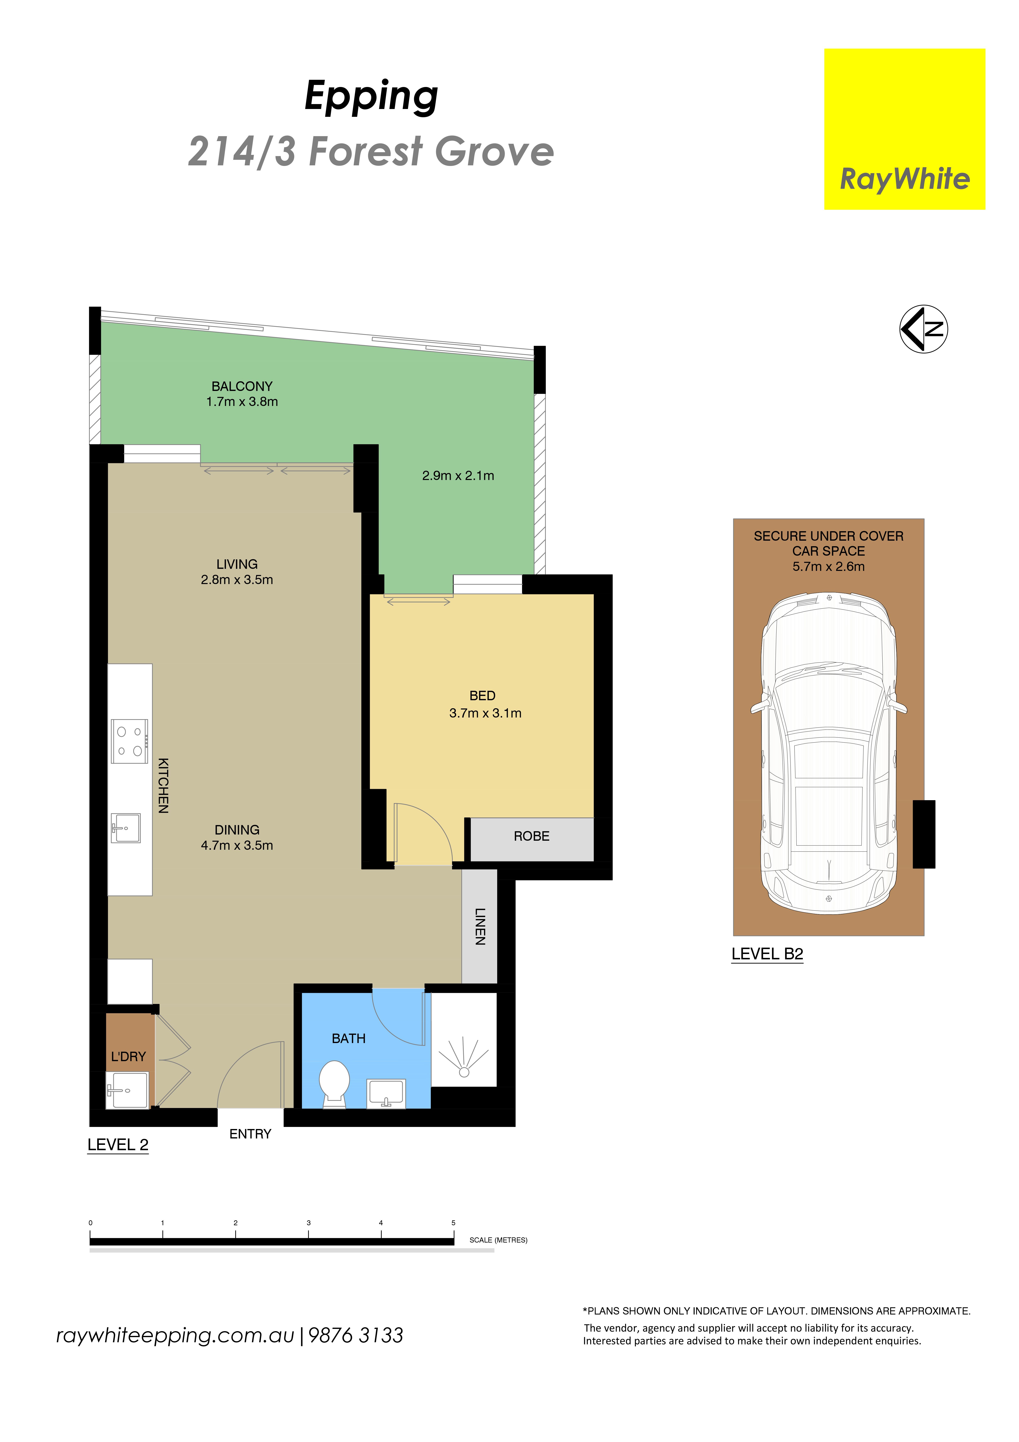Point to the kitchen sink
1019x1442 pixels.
click(126, 828)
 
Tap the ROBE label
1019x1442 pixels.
click(531, 836)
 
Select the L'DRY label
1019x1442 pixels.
click(128, 1056)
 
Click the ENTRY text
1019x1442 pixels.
click(250, 1134)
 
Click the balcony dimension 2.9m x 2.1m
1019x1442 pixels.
click(458, 475)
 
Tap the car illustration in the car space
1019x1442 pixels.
click(829, 752)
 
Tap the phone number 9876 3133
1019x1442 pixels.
click(356, 1335)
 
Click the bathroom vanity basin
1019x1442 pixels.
click(386, 1093)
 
